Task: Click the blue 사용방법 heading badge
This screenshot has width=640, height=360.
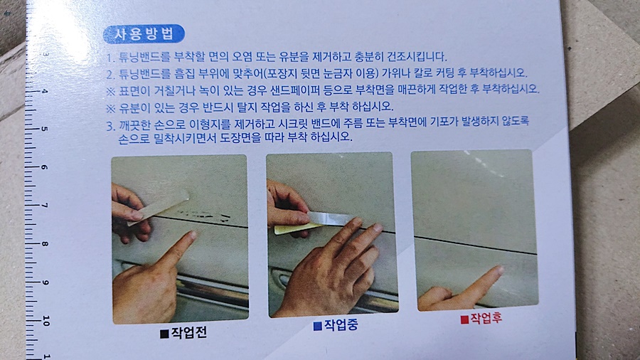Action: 144,34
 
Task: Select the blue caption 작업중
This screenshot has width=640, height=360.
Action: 341,325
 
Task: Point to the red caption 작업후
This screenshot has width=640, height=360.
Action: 486,318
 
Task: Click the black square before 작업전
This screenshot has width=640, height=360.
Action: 164,334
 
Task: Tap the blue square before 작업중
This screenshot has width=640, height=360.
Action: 318,326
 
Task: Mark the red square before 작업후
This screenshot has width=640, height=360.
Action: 464,319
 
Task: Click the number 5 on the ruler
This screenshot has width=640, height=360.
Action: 44,129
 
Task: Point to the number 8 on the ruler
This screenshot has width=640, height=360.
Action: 45,244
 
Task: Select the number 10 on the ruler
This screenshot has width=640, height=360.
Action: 46,320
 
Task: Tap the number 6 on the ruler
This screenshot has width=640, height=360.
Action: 45,167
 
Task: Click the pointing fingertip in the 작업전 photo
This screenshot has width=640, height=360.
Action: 192,235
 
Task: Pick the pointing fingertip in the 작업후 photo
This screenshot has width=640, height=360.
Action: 498,270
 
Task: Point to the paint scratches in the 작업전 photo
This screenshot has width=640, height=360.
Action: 204,215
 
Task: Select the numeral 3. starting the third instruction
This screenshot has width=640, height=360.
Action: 111,126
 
